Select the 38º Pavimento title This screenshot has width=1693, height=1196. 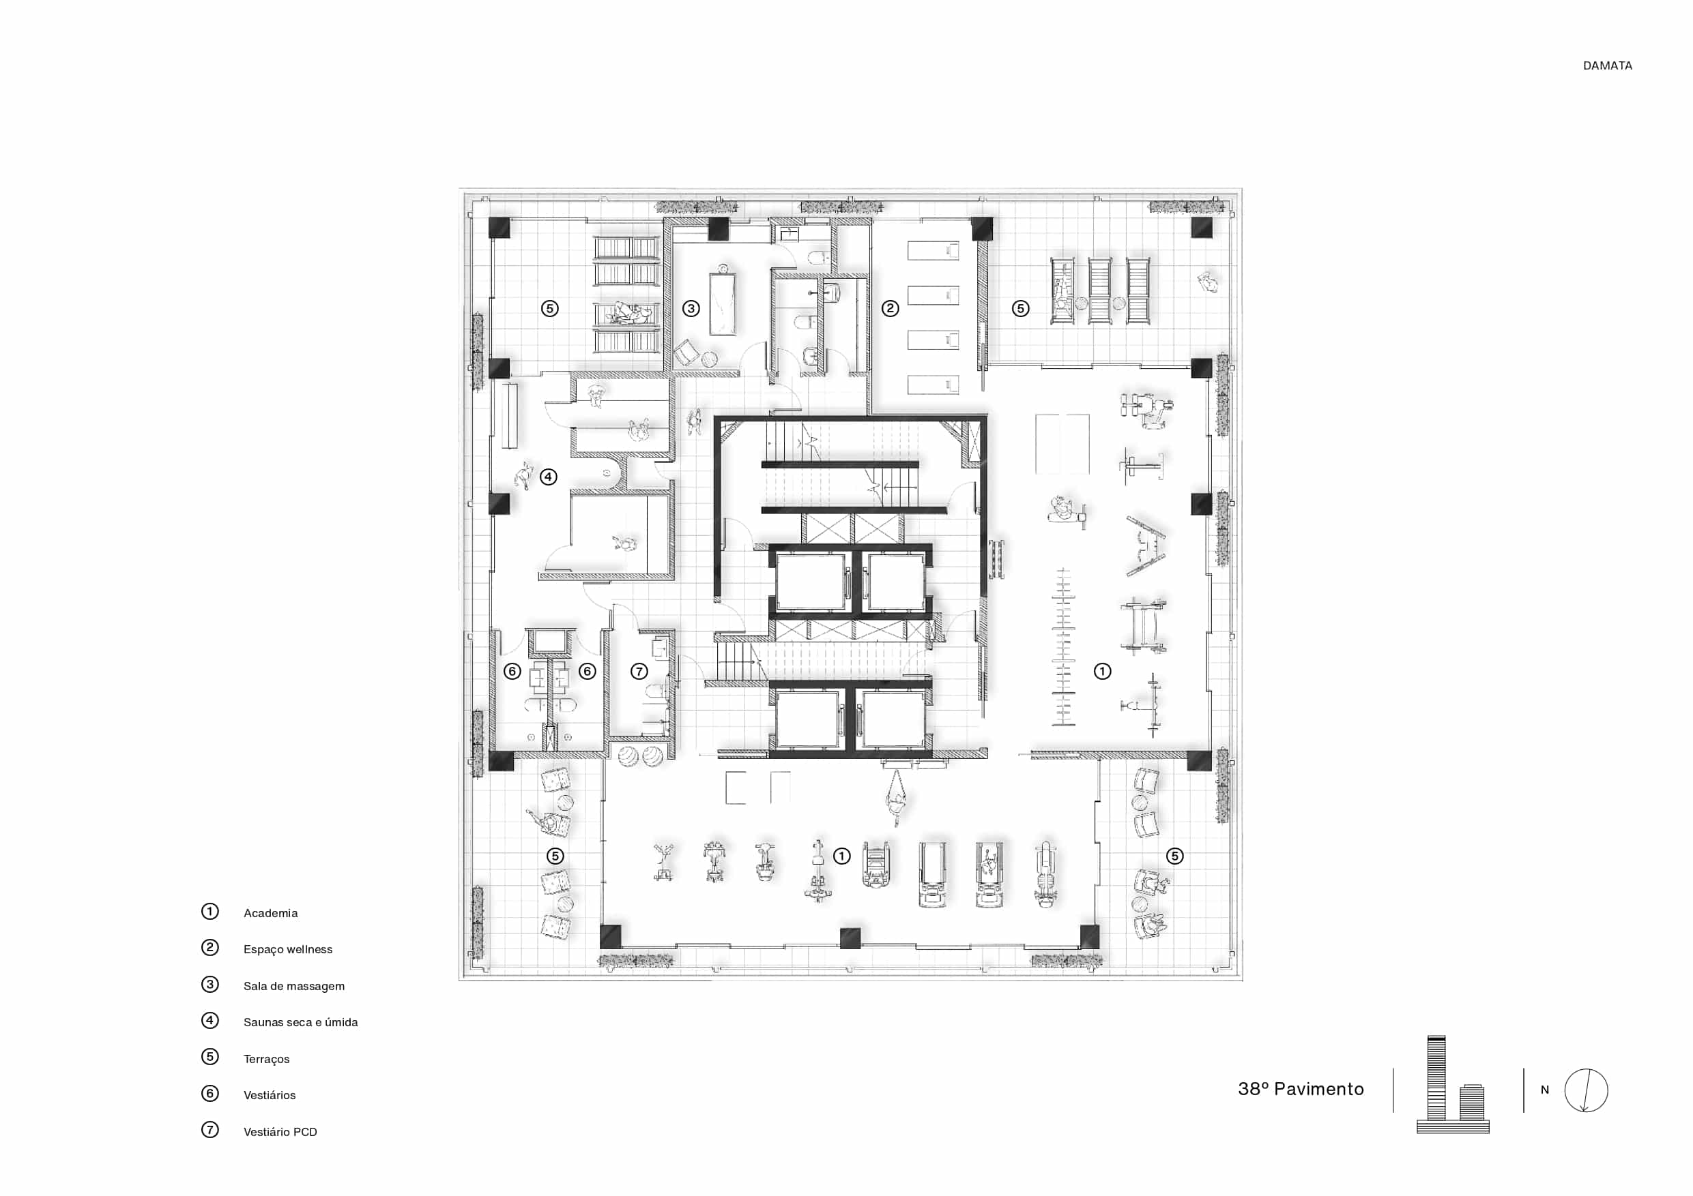click(1301, 1088)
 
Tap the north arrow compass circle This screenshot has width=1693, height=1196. click(1586, 1090)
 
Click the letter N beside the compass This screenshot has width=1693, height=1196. click(1545, 1090)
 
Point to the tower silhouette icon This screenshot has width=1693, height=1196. click(1453, 1084)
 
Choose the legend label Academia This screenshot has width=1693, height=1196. click(271, 913)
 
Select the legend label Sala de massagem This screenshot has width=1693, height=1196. click(293, 986)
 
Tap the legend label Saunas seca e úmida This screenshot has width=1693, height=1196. click(300, 1022)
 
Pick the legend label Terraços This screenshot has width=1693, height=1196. click(266, 1059)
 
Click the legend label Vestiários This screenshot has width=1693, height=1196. click(269, 1095)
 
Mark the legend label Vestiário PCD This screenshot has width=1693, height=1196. click(280, 1132)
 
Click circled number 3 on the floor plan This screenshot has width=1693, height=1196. click(691, 309)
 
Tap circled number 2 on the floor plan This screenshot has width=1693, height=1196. click(890, 309)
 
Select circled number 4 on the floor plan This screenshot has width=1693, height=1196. click(548, 477)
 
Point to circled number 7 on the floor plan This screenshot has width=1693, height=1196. click(639, 672)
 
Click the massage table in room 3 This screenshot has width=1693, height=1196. click(723, 304)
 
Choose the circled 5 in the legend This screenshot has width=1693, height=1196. click(210, 1057)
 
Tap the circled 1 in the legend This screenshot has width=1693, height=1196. click(210, 912)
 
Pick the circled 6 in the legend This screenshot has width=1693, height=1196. click(210, 1094)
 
